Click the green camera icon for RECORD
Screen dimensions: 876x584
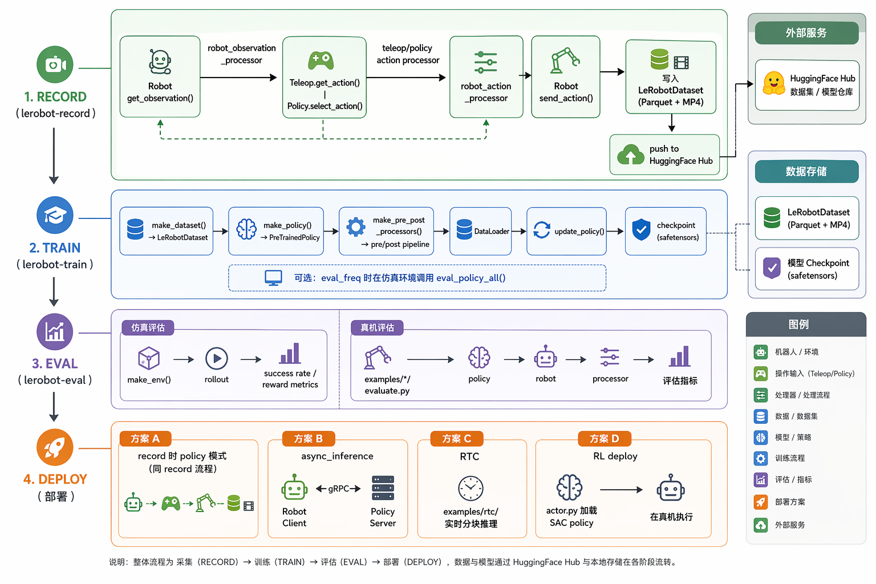tap(55, 64)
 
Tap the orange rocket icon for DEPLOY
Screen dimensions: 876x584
tap(55, 447)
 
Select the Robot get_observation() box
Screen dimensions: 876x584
tap(160, 76)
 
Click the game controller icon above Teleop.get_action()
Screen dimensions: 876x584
tap(321, 60)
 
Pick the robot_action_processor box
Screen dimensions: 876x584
tap(486, 76)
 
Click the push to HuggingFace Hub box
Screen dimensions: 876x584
tap(664, 155)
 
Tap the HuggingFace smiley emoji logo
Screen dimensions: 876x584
tap(773, 83)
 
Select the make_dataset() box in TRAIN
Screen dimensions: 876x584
tap(166, 231)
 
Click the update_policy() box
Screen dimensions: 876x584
tap(566, 231)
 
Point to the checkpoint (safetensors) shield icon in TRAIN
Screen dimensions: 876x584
tap(642, 230)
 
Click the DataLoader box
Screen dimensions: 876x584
tap(480, 231)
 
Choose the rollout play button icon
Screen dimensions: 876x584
tap(216, 358)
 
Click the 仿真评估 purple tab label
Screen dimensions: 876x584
tap(148, 328)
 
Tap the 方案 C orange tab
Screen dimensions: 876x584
tap(456, 439)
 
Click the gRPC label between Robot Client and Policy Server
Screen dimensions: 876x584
tap(338, 489)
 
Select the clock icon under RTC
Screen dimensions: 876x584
tap(471, 488)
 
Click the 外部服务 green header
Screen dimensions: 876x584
tap(806, 33)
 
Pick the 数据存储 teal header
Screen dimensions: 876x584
tap(806, 171)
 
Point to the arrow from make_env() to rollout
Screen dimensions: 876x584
tap(184, 359)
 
